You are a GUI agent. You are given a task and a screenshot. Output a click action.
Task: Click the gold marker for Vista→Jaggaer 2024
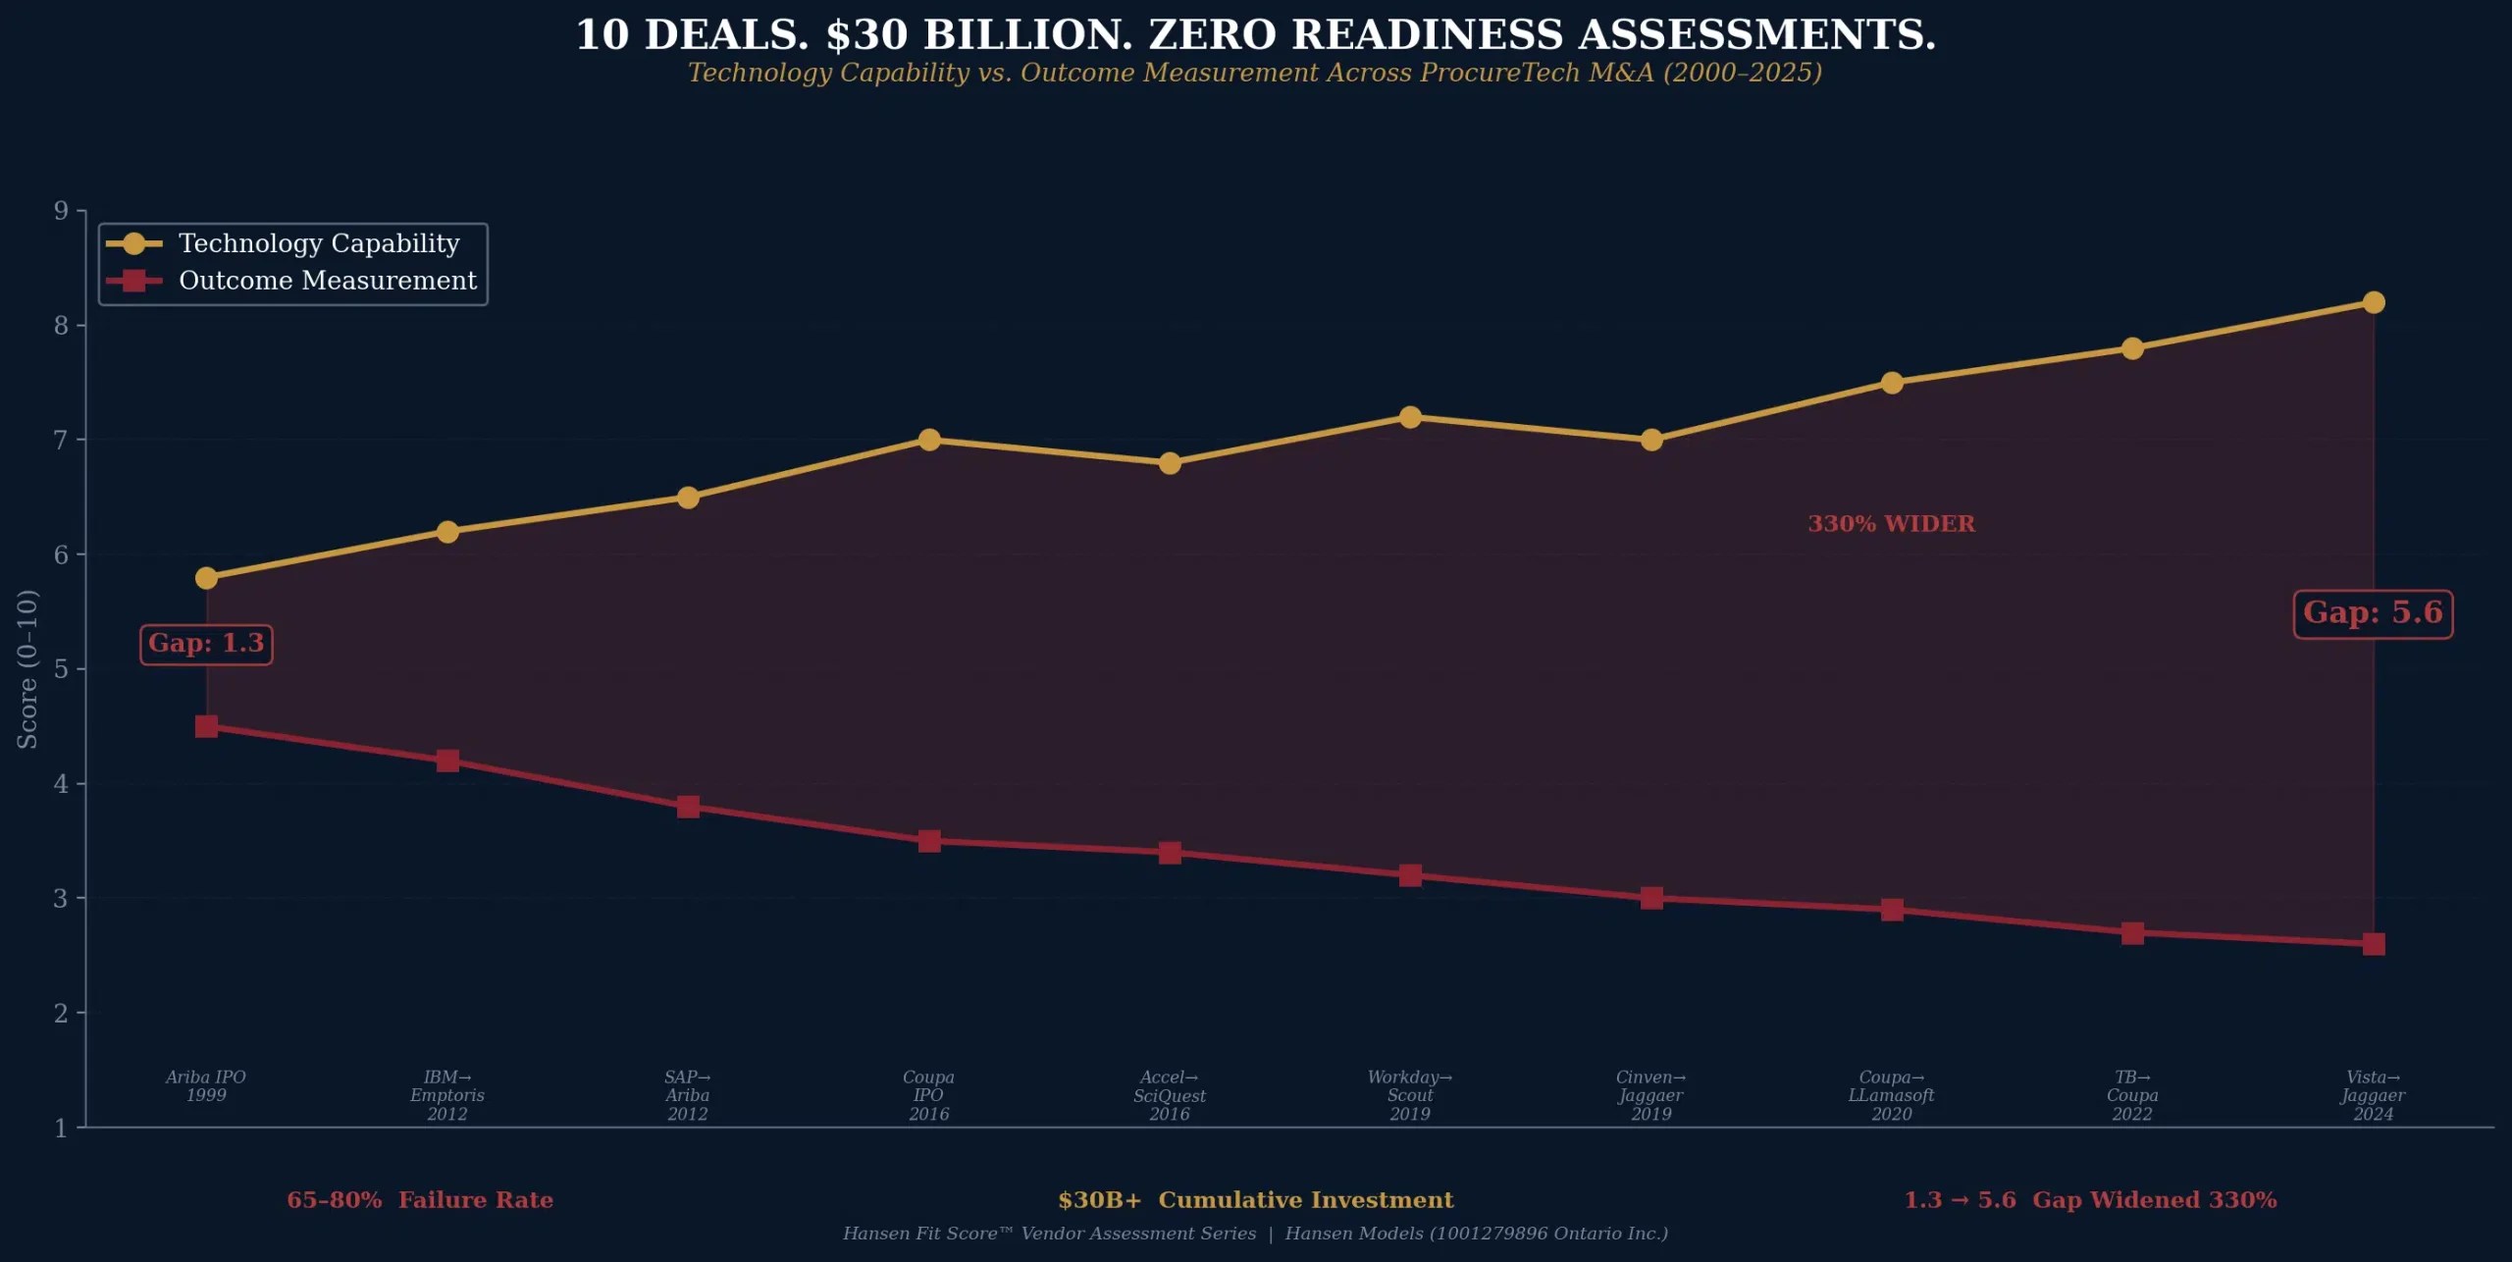point(2373,302)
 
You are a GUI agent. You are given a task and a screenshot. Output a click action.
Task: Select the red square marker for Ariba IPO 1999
point(206,726)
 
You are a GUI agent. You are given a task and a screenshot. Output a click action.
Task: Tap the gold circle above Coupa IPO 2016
point(929,440)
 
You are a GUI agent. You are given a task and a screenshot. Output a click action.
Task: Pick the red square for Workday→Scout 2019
point(1410,875)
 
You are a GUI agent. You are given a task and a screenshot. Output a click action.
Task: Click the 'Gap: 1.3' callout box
point(206,644)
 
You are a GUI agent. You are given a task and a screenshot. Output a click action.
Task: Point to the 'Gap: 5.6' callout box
point(2372,613)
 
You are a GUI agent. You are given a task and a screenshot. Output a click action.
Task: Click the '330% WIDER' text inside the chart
point(1891,524)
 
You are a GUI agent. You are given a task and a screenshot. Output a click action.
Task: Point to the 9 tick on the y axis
point(62,211)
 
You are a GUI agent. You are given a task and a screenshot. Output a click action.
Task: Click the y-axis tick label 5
point(62,669)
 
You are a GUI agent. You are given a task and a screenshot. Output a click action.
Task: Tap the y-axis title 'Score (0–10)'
point(27,668)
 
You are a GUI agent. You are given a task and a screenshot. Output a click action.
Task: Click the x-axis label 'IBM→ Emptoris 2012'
point(447,1095)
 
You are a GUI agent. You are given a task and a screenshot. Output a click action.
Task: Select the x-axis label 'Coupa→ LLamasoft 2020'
point(1891,1095)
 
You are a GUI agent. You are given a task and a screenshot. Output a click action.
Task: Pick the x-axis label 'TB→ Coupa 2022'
point(2131,1095)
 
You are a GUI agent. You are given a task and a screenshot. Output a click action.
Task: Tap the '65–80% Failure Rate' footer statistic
point(420,1200)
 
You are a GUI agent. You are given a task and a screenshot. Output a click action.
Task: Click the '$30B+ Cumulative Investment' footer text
point(1256,1200)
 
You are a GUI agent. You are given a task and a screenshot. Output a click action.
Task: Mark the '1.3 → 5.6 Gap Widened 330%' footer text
point(2090,1200)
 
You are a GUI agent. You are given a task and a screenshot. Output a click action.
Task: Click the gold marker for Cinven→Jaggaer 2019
point(1651,440)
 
